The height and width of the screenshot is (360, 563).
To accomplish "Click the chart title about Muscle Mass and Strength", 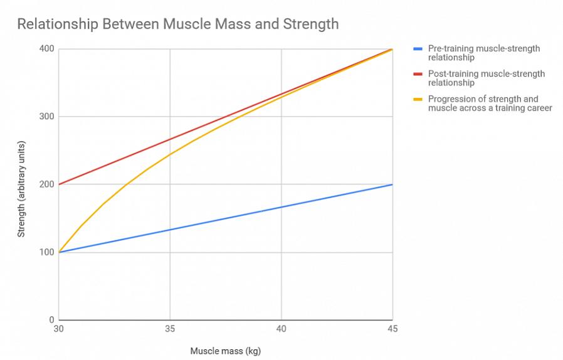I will click(177, 24).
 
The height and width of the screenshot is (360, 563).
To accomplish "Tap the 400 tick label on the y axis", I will click(47, 49).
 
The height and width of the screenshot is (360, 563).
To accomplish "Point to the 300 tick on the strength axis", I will click(47, 117).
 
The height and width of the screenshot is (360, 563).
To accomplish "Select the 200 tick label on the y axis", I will click(47, 184).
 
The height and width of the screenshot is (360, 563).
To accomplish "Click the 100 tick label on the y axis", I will click(47, 252).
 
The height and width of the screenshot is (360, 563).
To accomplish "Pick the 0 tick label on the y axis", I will click(51, 320).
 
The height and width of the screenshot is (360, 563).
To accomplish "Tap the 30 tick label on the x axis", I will click(58, 329).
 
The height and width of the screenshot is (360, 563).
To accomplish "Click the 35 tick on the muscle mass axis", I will click(170, 329).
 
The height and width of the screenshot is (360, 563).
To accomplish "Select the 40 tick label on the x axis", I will click(281, 329).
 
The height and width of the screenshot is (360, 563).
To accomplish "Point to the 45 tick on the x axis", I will click(392, 329).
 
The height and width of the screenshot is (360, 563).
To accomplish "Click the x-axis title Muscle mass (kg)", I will click(225, 351).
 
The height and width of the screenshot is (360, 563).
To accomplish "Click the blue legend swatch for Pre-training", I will click(418, 49).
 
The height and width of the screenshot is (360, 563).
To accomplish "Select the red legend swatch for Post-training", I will click(418, 74).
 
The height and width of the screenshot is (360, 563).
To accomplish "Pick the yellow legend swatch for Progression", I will click(418, 99).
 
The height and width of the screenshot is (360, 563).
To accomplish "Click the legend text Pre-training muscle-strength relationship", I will click(483, 53).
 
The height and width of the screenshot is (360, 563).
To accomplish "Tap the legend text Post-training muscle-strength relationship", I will click(486, 78).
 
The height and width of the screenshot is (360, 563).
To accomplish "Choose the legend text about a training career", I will click(490, 103).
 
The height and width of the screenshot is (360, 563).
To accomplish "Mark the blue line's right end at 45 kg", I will click(392, 184).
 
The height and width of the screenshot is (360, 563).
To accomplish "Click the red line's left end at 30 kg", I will click(58, 184).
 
